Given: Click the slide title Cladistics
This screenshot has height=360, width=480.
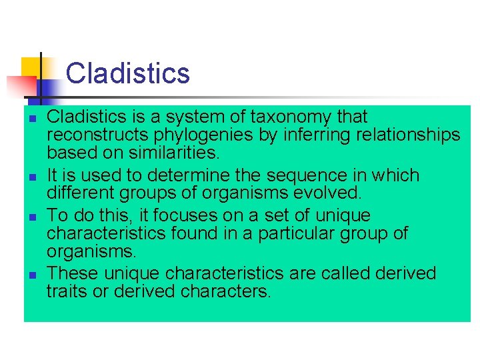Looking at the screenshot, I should [128, 73].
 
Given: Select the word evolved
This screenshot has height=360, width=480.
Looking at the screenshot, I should [327, 193].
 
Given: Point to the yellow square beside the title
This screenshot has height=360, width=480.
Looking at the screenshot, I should [31, 67].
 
